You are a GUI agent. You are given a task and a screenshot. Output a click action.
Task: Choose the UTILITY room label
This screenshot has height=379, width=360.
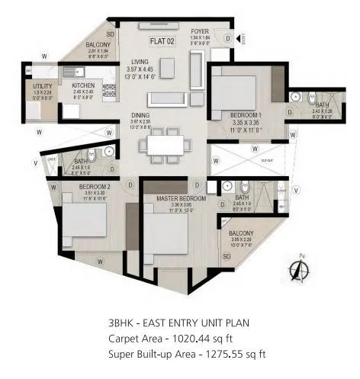tap(42, 87)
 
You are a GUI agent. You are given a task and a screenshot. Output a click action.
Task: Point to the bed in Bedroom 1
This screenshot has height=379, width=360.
tap(239, 90)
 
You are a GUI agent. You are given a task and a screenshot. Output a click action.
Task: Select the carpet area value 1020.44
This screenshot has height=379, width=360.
tap(207, 338)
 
